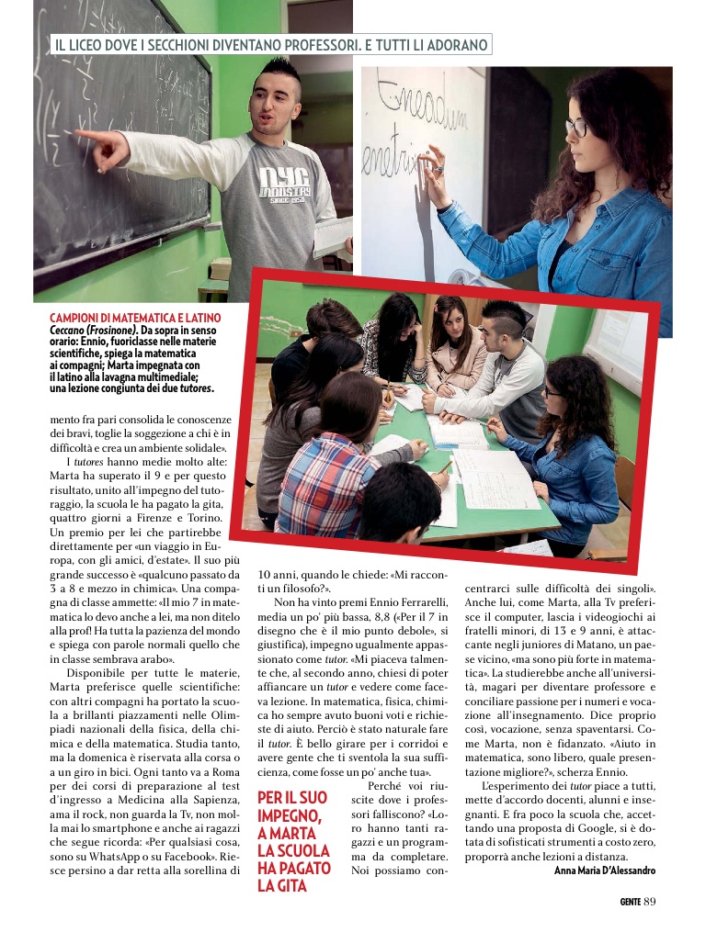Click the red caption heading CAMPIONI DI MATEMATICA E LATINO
point(134,318)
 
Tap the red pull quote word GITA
point(289,885)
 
